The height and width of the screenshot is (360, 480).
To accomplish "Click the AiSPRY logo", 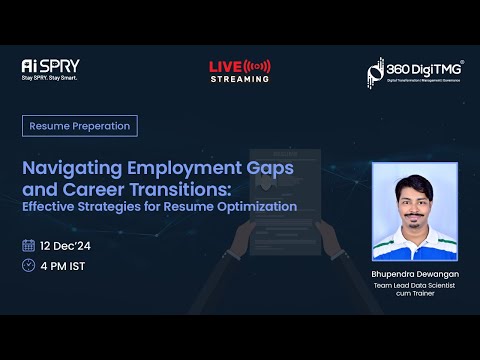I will pyautogui.click(x=49, y=65).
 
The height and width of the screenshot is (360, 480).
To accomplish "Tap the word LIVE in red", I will pyautogui.click(x=225, y=67).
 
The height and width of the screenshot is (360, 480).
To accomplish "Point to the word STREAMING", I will pyautogui.click(x=239, y=79).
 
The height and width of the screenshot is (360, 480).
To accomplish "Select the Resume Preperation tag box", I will pyautogui.click(x=80, y=126).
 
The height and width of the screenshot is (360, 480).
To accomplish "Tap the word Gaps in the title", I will pyautogui.click(x=267, y=168).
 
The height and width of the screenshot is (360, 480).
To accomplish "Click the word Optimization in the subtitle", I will pyautogui.click(x=258, y=206).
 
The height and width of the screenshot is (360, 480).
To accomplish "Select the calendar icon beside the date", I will pyautogui.click(x=28, y=245).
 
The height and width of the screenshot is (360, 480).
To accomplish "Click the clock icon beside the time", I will pyautogui.click(x=28, y=265).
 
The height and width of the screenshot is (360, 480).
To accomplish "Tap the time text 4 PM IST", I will pyautogui.click(x=64, y=265).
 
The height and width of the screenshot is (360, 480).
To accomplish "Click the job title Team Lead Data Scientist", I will pyautogui.click(x=414, y=285).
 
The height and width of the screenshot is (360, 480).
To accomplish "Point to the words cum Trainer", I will pyautogui.click(x=414, y=295).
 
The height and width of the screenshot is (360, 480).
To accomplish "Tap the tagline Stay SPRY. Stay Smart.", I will pyautogui.click(x=49, y=77).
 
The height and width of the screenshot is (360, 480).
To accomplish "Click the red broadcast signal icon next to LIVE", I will pyautogui.click(x=258, y=66).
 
